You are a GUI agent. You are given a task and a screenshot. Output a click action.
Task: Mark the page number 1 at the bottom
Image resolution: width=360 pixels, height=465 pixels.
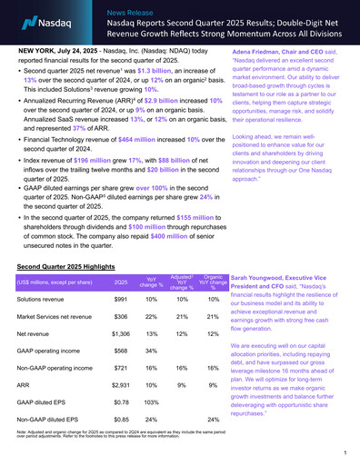pos(346,451)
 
